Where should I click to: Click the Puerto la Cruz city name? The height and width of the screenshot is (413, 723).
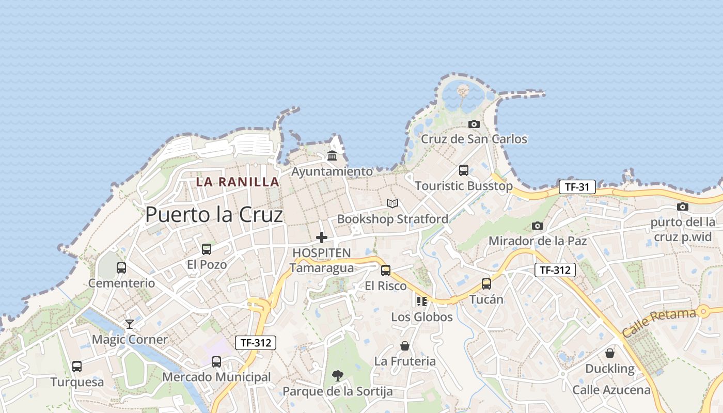[214, 214]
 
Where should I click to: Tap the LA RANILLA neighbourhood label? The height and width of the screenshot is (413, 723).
[238, 182]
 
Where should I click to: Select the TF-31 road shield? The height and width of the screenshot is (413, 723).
[577, 187]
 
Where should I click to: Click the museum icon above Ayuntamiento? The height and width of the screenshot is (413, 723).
[332, 155]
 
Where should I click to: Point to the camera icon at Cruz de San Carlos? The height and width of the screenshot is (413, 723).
[474, 124]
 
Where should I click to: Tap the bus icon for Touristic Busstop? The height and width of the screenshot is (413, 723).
[464, 170]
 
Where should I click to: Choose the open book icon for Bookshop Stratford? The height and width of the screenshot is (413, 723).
[392, 203]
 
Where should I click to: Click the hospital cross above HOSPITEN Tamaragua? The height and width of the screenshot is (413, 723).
[322, 237]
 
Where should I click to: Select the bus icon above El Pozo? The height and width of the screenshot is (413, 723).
[207, 249]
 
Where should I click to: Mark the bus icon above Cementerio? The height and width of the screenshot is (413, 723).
[121, 267]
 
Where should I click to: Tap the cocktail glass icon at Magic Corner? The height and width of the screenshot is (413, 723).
[130, 324]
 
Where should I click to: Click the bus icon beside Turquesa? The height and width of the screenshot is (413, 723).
[77, 366]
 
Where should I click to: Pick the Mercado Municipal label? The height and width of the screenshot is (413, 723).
[216, 377]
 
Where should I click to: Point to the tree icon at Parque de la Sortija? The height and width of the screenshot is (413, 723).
[338, 375]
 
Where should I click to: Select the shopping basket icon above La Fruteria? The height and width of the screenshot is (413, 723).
[405, 345]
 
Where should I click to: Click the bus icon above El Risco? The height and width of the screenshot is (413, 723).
[386, 270]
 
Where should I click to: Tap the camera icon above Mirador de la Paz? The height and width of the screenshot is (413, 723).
[538, 226]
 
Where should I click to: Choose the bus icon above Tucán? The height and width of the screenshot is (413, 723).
[486, 283]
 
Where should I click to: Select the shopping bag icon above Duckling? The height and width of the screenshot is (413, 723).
[610, 353]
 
